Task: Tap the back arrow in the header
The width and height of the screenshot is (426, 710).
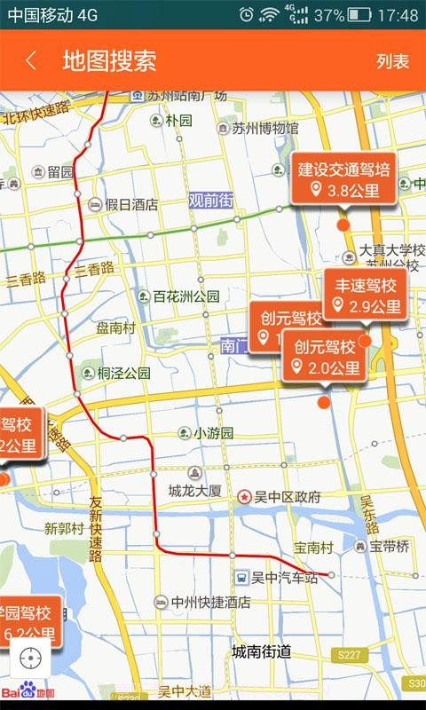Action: pyautogui.click(x=31, y=60)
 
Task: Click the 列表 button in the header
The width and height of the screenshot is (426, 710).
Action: pyautogui.click(x=392, y=61)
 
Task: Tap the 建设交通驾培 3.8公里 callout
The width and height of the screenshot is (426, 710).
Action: pyautogui.click(x=344, y=179)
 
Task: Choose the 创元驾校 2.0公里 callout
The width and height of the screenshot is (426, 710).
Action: pyautogui.click(x=326, y=357)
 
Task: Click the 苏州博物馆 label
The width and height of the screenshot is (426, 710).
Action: pyautogui.click(x=265, y=128)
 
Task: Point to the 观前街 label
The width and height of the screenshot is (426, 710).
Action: pyautogui.click(x=210, y=201)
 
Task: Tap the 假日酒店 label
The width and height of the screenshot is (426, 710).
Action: pyautogui.click(x=131, y=204)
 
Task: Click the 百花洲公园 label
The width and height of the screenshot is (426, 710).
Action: pyautogui.click(x=185, y=296)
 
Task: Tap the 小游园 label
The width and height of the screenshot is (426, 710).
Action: pyautogui.click(x=213, y=433)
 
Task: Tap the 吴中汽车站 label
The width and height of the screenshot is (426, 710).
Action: pyautogui.click(x=283, y=578)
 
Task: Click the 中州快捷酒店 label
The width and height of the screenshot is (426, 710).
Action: pyautogui.click(x=210, y=603)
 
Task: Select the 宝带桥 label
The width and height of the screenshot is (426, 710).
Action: pyautogui.click(x=390, y=547)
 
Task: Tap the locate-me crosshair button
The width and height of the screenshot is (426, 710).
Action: pyautogui.click(x=31, y=658)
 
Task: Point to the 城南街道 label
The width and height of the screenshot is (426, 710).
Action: pyautogui.click(x=261, y=651)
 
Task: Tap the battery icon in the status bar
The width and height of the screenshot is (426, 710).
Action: pyautogui.click(x=359, y=15)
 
